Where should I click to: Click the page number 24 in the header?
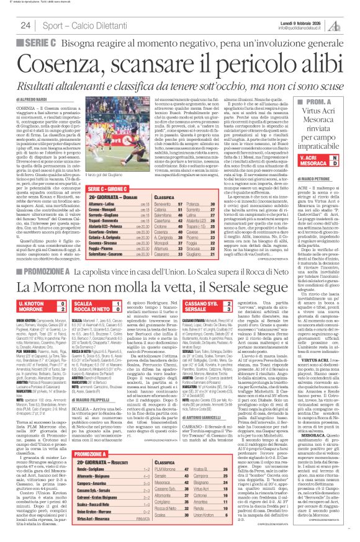click(25, 24)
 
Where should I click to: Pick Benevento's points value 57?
click(235, 169)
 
